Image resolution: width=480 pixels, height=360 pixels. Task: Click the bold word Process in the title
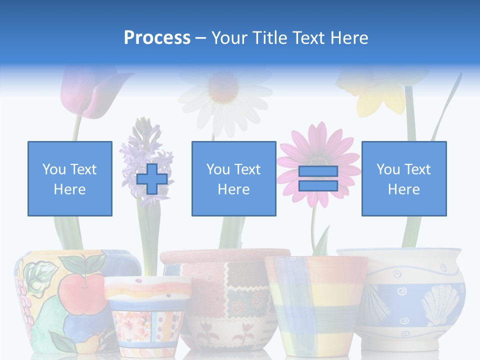click(157, 38)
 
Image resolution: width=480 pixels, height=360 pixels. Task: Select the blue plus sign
click(152, 179)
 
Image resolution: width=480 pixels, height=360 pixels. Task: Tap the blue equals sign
click(318, 178)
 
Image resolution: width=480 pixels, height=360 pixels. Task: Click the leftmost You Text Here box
click(69, 178)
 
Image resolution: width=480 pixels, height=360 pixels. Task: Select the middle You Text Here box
click(233, 178)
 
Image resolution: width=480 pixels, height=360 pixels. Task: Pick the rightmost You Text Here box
click(403, 178)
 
